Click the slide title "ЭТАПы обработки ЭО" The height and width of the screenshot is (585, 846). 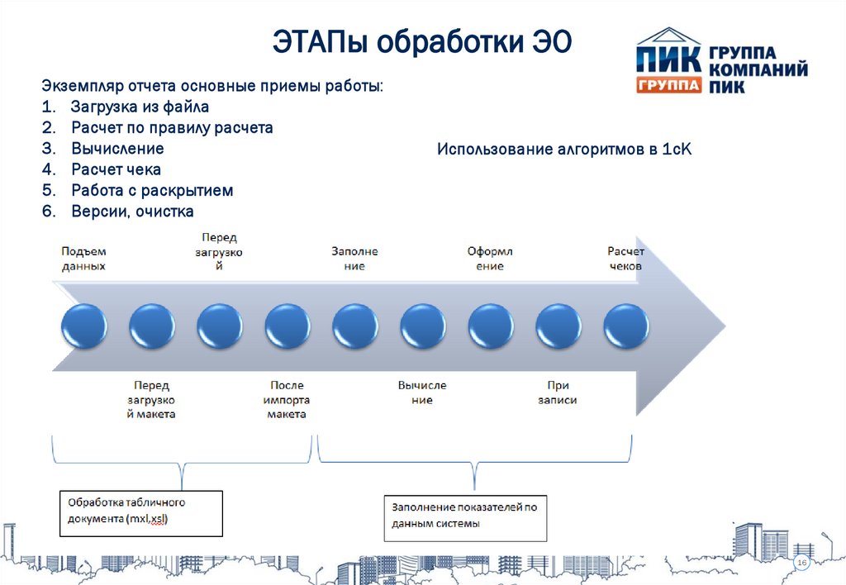coord(422,42)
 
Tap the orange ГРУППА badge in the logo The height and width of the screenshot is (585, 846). coord(668,84)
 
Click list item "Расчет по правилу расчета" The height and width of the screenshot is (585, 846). coord(171,128)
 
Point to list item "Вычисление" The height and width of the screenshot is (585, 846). coord(116,149)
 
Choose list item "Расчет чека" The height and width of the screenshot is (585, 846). coord(116,169)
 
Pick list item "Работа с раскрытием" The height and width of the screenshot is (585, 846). coord(152,190)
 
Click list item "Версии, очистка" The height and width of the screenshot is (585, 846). coord(132,212)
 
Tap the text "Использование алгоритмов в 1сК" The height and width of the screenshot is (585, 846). coord(563,150)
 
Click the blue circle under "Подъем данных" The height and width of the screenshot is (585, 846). coord(83,326)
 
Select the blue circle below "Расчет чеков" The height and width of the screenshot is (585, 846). coord(626,326)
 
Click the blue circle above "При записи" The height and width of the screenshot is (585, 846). coord(558,326)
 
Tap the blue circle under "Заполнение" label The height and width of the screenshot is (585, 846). coord(355,326)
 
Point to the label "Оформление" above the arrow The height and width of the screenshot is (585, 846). coord(490,259)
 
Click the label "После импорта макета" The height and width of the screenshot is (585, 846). coord(287,399)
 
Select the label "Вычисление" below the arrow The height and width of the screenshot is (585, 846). coord(421,392)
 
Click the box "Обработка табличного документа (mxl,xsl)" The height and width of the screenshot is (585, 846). coord(141,513)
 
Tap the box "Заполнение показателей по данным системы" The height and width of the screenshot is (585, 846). coord(465,516)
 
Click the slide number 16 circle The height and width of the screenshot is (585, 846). coord(801,563)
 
